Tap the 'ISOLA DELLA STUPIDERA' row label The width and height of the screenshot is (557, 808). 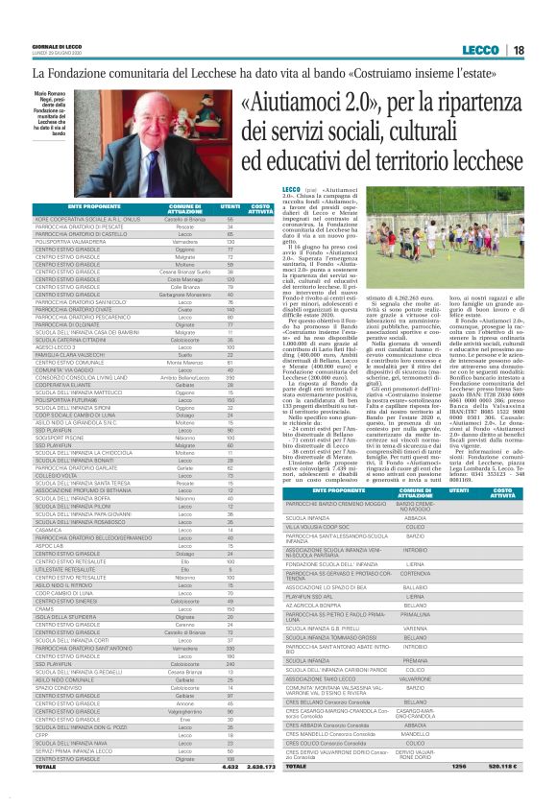(x=67, y=616)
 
